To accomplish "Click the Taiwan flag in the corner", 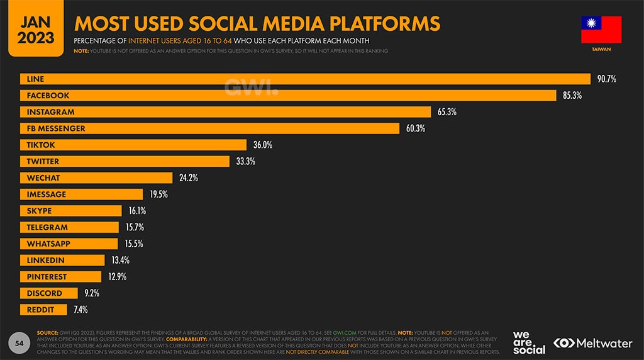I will [601, 30].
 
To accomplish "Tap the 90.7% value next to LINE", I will [608, 79].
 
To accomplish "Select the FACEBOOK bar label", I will [48, 96].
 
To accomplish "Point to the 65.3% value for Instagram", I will [447, 112].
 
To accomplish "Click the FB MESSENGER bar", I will [210, 128].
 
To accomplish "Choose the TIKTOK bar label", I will [41, 145].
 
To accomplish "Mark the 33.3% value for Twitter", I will [245, 162].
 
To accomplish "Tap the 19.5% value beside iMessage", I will [158, 194].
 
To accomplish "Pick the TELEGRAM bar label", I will [47, 227].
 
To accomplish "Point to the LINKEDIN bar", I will [62, 260].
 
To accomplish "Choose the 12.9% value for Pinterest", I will [118, 276].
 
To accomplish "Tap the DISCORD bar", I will [49, 293].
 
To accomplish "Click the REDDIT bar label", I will [40, 310].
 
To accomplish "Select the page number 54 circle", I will [19, 343].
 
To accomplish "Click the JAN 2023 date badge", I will [36, 29].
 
